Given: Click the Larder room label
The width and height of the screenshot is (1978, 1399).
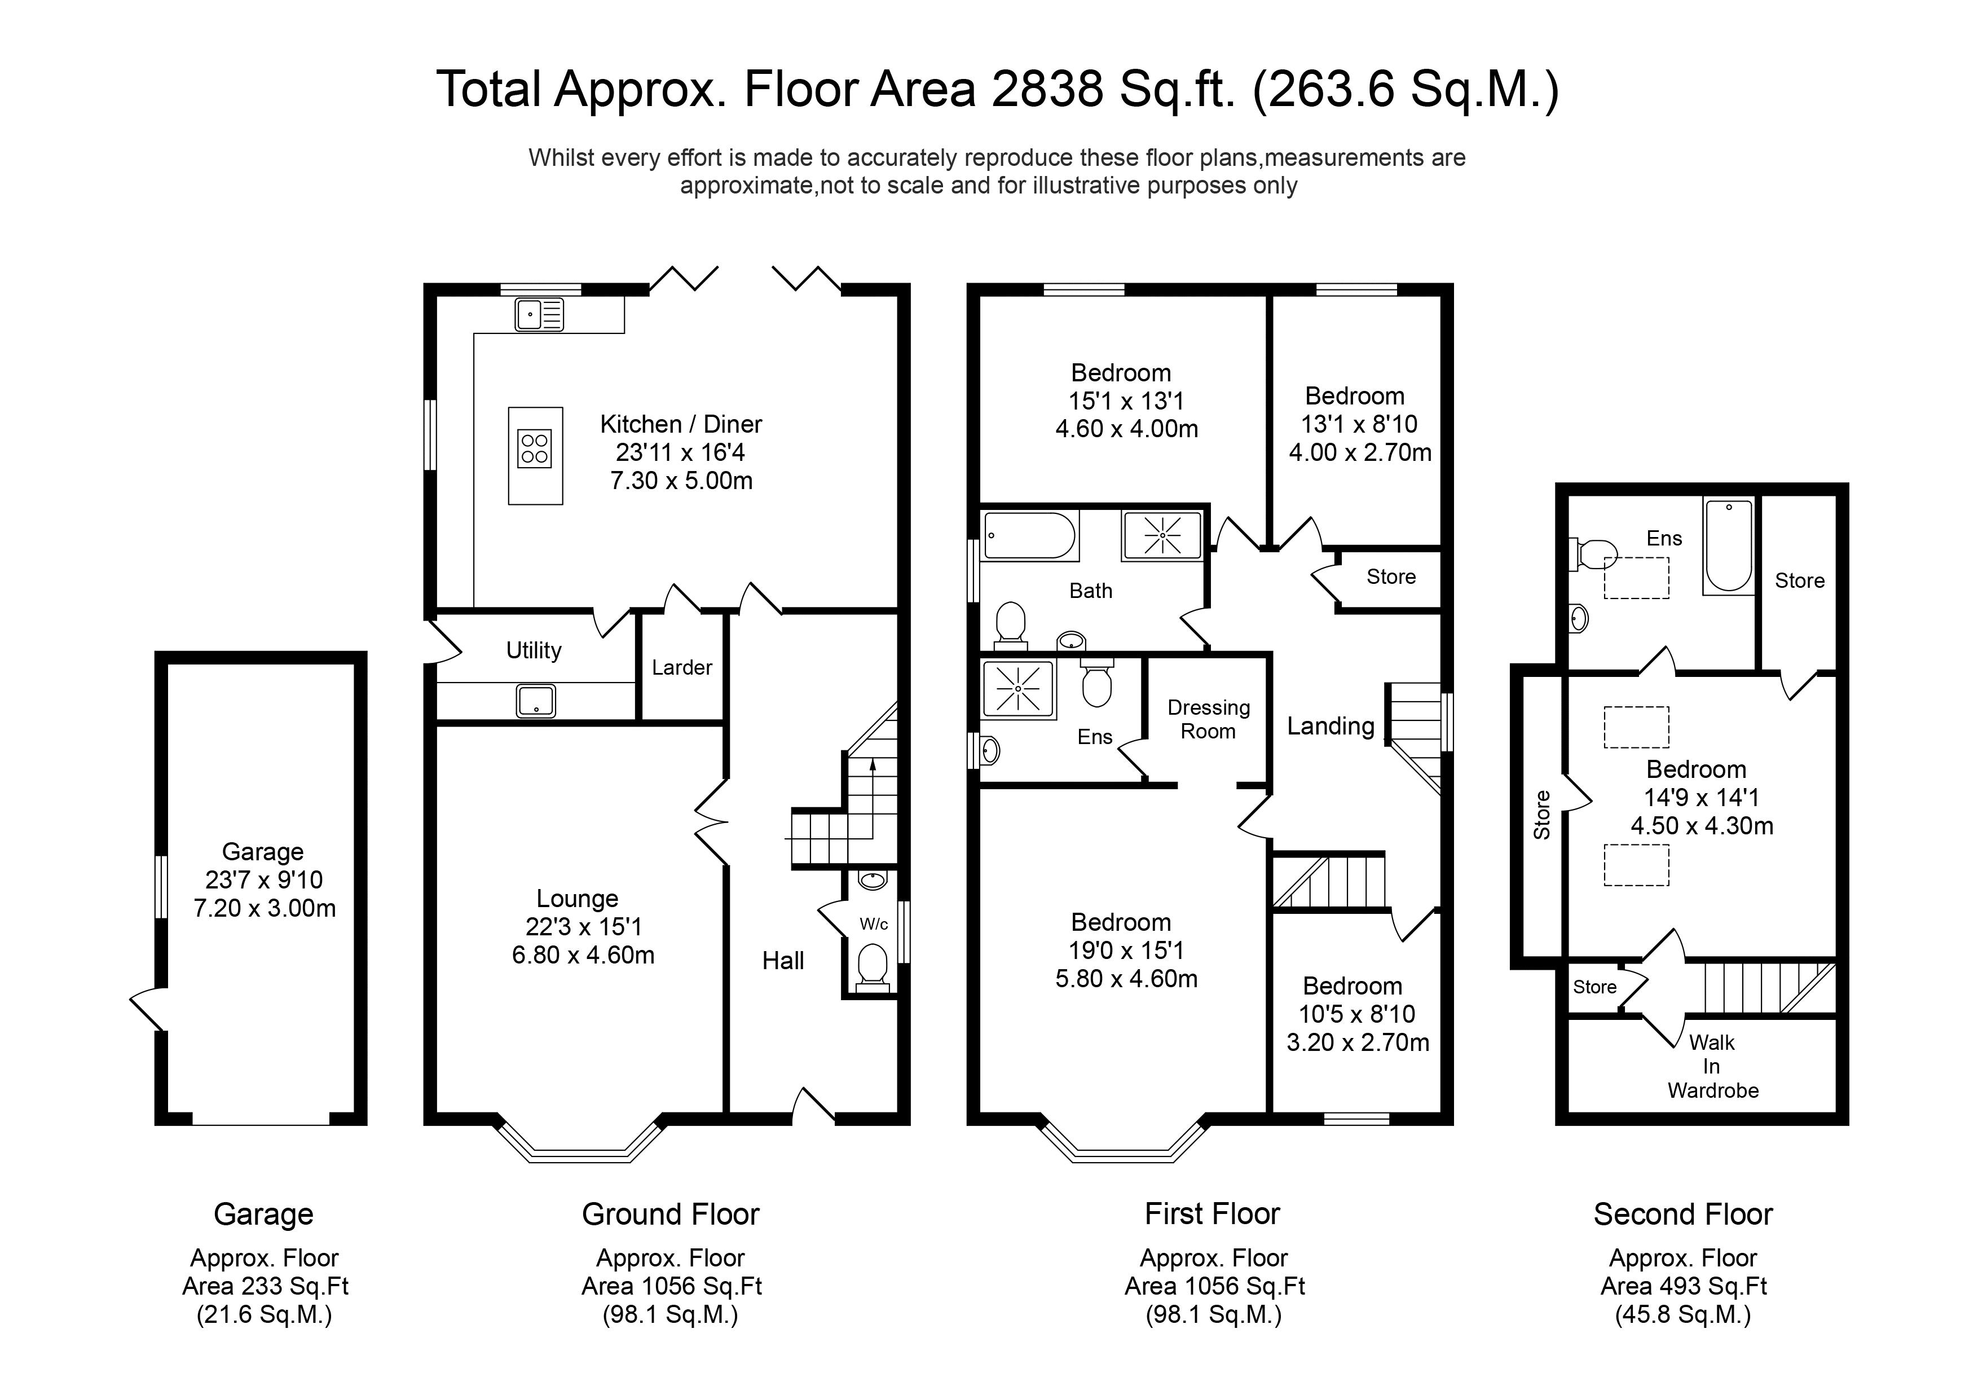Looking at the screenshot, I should [x=681, y=667].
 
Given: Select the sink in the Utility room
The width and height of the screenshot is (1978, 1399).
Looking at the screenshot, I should [x=536, y=701].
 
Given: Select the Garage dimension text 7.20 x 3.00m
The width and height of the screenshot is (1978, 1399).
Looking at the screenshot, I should [x=265, y=909].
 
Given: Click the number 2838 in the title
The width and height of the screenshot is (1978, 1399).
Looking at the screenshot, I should [x=1047, y=90].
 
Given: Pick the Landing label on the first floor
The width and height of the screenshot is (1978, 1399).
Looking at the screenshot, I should [x=1330, y=726].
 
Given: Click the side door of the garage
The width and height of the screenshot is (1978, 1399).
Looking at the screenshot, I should [x=147, y=1008].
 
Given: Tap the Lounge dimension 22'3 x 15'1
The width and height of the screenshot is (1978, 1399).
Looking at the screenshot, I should [x=583, y=927].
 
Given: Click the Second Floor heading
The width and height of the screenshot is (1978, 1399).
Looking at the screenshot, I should [x=1682, y=1214].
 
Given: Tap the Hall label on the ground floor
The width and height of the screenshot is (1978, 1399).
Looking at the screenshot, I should [x=782, y=961].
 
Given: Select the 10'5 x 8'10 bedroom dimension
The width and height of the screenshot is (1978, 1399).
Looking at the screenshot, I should [x=1357, y=1014].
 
